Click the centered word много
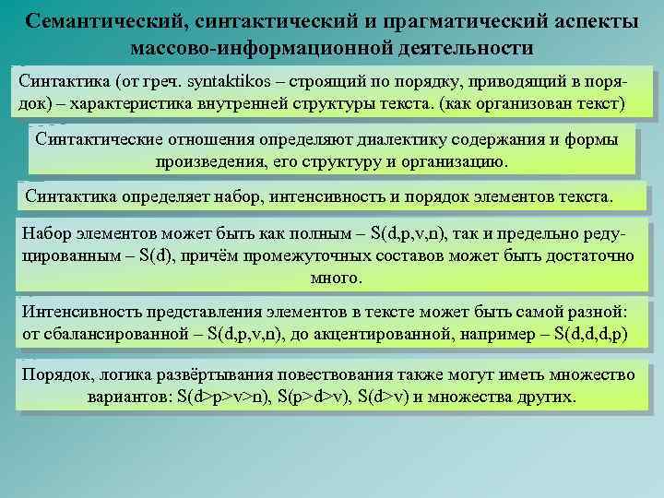331,277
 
